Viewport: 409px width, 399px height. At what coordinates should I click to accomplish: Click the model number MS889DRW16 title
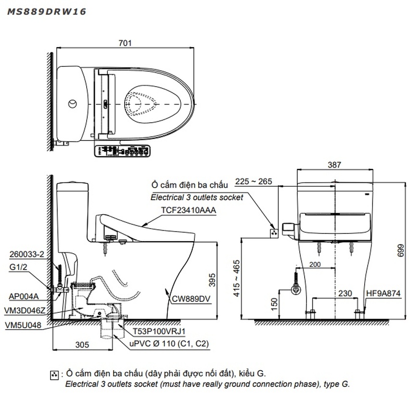point(46,12)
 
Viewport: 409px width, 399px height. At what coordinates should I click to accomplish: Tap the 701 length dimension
point(125,43)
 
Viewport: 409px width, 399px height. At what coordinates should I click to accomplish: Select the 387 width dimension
point(334,165)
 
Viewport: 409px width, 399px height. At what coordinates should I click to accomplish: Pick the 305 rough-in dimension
point(82,344)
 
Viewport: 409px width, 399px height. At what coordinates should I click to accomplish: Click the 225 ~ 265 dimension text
point(254,181)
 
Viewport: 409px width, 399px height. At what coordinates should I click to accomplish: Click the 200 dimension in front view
point(315,265)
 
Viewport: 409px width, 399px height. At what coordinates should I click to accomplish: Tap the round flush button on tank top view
point(73,103)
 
